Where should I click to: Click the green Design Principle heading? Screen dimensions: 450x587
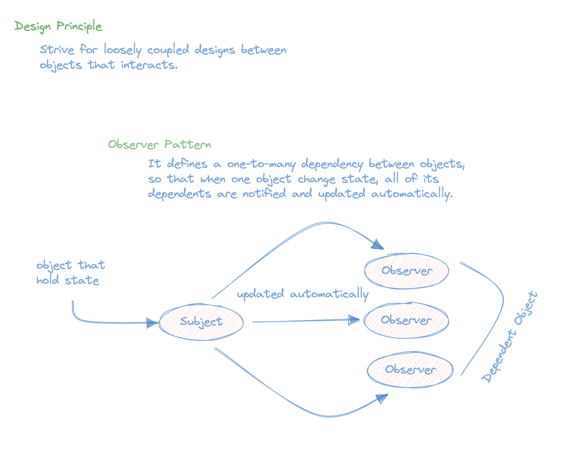click(58, 27)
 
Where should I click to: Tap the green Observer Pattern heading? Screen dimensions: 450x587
click(159, 144)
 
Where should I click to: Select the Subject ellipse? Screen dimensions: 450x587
click(201, 322)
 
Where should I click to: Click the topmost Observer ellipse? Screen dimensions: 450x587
click(407, 271)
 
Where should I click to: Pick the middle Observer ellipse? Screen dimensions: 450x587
click(406, 320)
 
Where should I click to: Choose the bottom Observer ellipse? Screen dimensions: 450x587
click(410, 370)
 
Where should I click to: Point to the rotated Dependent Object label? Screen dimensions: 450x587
click(510, 336)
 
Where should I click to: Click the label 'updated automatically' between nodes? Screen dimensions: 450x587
click(302, 294)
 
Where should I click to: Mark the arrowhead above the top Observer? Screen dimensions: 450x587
click(378, 244)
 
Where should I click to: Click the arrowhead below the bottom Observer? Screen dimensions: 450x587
click(382, 398)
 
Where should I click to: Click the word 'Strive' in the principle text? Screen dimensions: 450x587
click(57, 50)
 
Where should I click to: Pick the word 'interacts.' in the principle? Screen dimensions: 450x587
click(149, 65)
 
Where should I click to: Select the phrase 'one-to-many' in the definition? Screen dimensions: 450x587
click(261, 164)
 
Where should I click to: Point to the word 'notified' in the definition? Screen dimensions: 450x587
click(264, 194)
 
